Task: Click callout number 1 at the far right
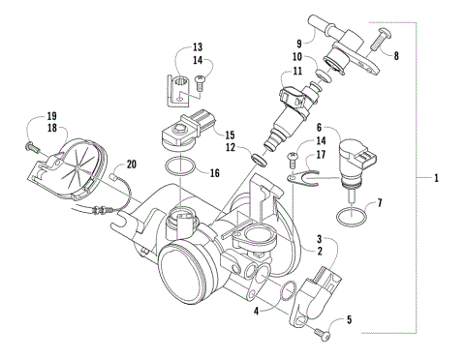coord(436,179)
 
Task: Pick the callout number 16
coord(215,173)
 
